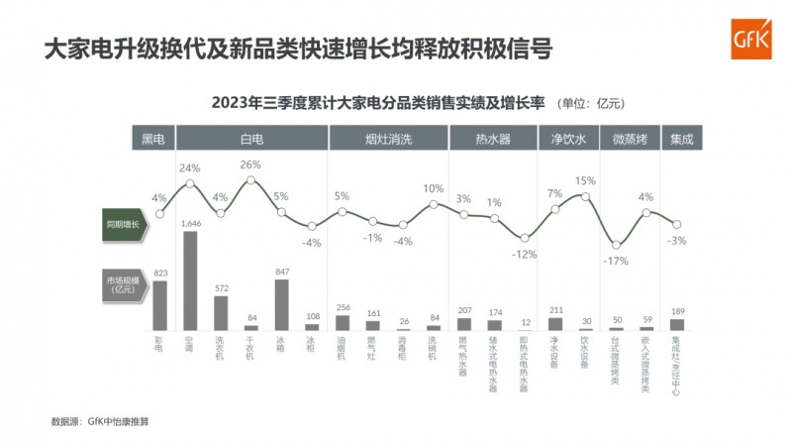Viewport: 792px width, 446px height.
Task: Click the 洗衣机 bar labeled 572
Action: [x=221, y=312]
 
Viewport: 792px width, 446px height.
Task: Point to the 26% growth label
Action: [x=250, y=165]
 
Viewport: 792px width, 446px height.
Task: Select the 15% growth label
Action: [x=585, y=181]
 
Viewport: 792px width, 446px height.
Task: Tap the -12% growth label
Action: [x=525, y=254]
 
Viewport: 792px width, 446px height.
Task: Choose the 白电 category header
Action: [x=251, y=140]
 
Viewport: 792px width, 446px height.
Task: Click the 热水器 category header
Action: [x=493, y=140]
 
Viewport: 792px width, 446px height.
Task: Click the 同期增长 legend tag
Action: [x=123, y=225]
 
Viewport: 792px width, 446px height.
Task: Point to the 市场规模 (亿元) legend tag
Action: [x=123, y=285]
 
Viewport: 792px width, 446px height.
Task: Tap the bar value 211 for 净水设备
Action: [x=555, y=309]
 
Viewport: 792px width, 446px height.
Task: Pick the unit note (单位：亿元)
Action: [x=591, y=103]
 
